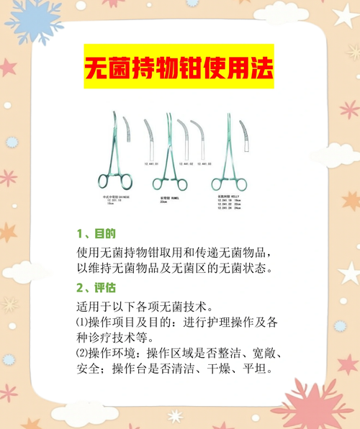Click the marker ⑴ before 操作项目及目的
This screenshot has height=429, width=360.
coord(81,321)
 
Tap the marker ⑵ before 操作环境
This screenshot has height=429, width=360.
coord(81,354)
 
